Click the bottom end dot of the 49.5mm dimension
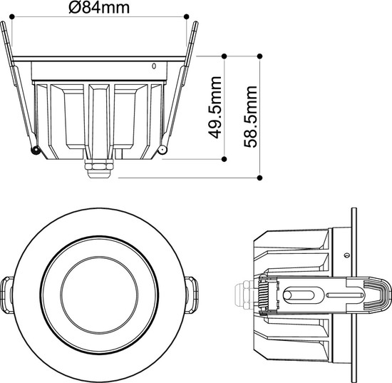(x=225, y=158)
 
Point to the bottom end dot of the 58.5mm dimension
(x=261, y=176)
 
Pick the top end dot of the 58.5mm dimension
(x=261, y=55)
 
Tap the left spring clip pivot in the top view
(x=33, y=150)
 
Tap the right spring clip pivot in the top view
(x=163, y=150)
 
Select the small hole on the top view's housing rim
(x=153, y=66)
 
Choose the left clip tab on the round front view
(x=7, y=293)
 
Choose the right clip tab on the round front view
(x=192, y=293)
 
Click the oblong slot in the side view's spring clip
(x=299, y=293)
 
